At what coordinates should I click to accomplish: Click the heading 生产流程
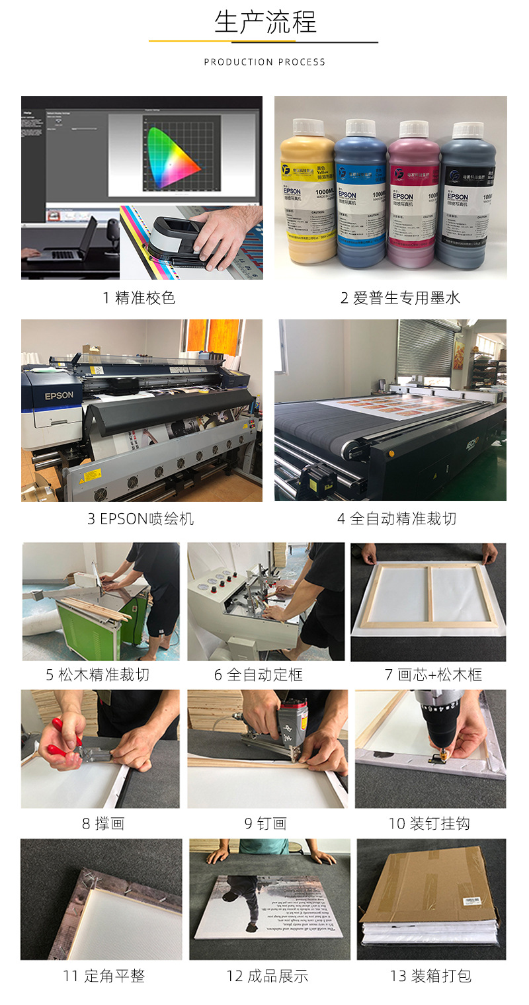pos(264,22)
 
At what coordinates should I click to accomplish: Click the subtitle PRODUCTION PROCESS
pos(264,62)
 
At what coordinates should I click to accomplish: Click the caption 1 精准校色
pos(139,298)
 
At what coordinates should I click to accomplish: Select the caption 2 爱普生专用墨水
pos(390,298)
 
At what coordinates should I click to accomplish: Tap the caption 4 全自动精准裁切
pos(396,519)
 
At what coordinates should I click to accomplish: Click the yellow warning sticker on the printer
pos(91,475)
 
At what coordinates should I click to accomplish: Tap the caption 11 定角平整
pos(104,976)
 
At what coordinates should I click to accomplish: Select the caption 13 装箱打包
pos(430,976)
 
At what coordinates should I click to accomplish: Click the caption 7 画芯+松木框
pos(433,675)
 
